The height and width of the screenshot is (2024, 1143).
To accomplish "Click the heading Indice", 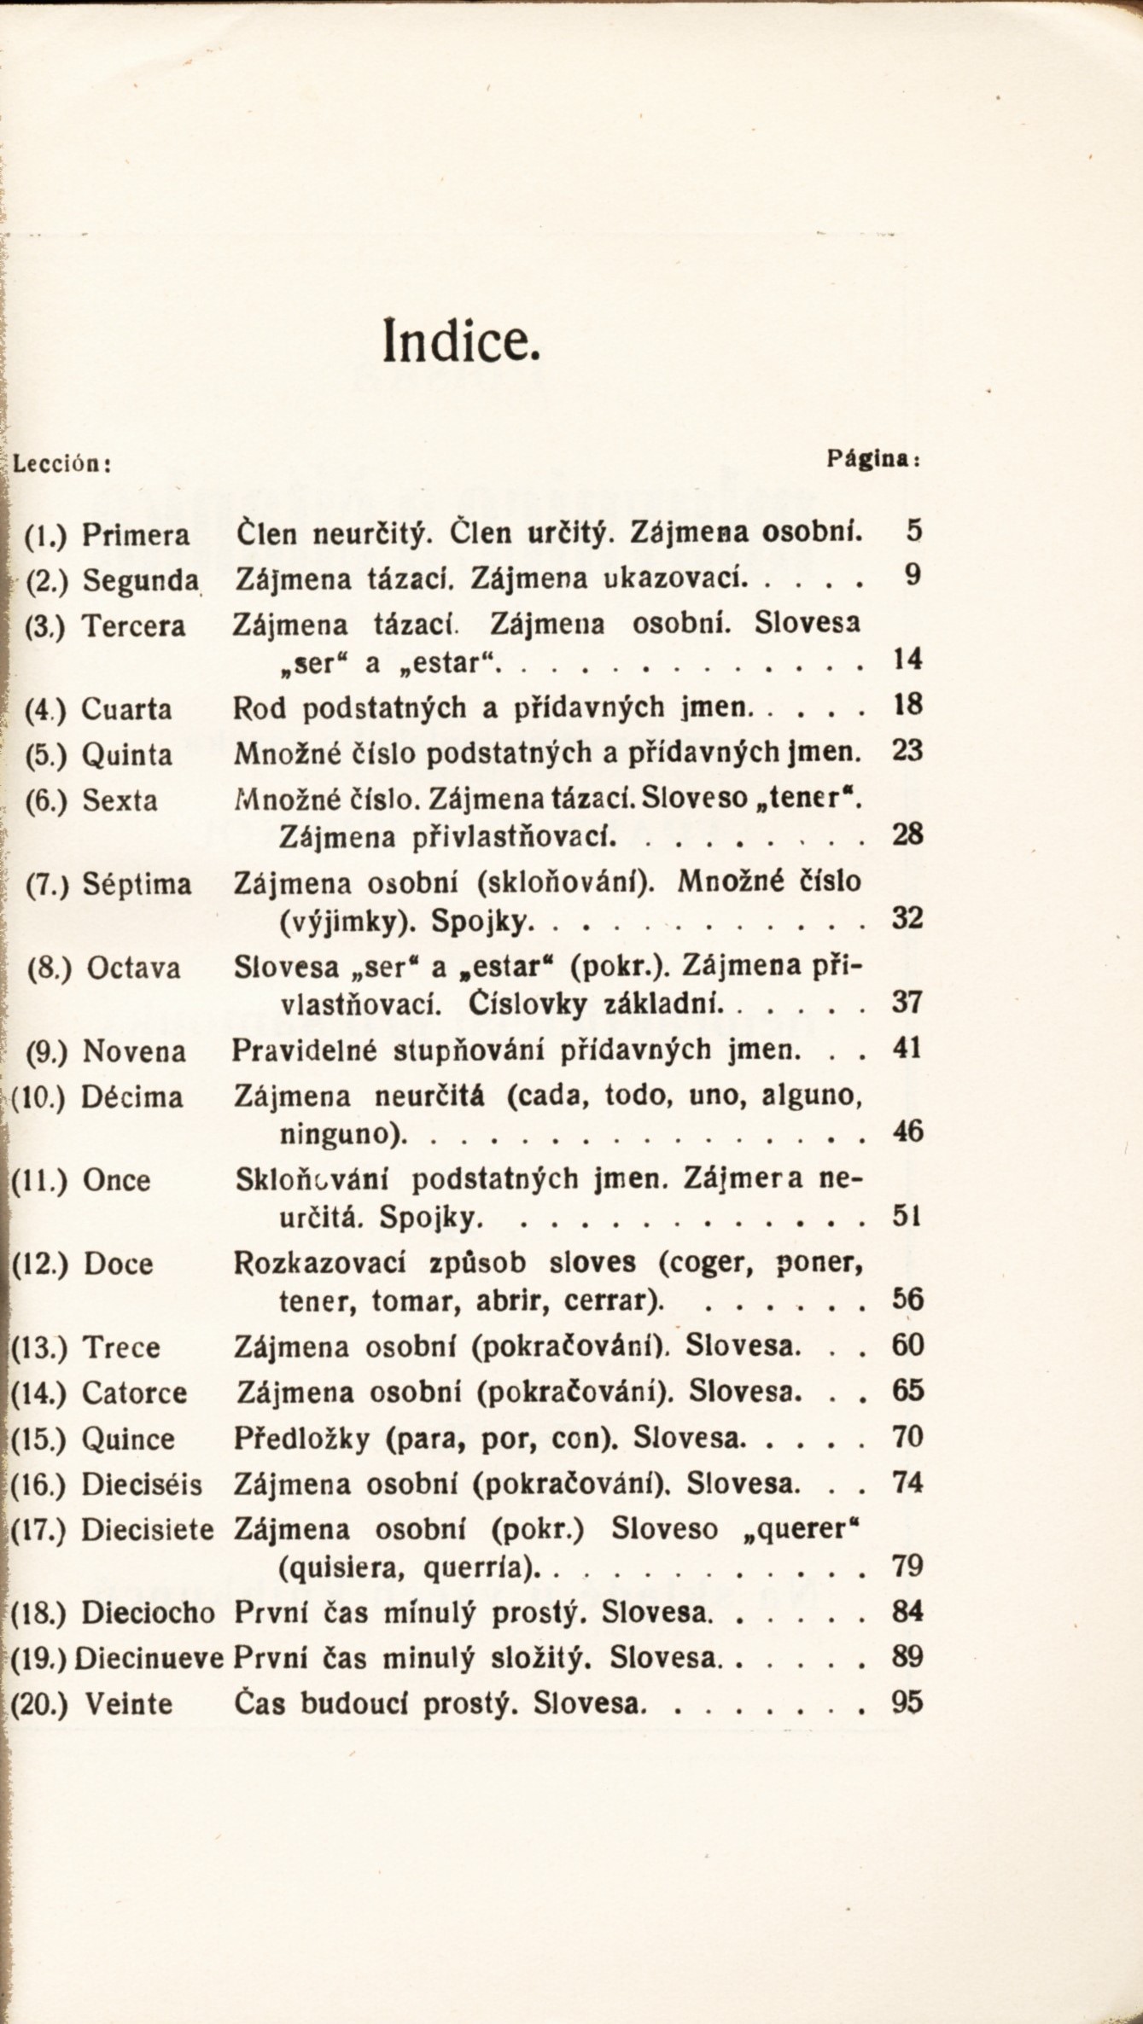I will [461, 339].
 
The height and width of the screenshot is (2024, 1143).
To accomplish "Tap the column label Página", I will [872, 459].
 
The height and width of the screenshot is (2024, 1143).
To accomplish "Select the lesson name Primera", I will [136, 536].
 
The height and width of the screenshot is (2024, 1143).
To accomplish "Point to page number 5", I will [914, 532].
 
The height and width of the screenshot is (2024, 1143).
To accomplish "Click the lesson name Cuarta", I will [127, 710].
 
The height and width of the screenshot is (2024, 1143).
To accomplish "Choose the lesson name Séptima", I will [137, 884].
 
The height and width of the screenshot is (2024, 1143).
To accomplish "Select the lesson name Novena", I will [134, 1051].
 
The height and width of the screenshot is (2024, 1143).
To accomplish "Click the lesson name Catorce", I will [134, 1394].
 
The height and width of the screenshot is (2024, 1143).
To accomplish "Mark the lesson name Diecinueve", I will [149, 1657].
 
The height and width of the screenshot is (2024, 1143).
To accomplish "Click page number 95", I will [907, 1702].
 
